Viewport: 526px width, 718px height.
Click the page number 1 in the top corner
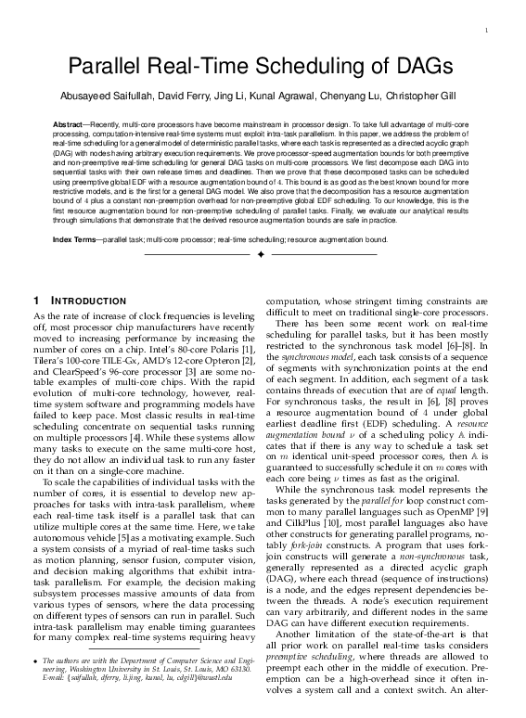click(486, 33)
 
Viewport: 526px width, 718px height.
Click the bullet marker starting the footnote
click(36, 687)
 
